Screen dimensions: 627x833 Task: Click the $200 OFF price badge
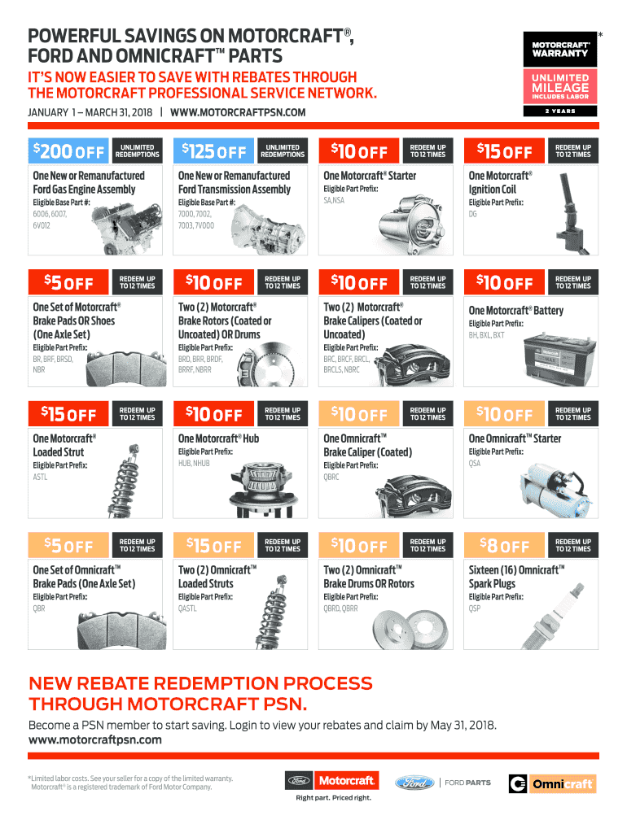pos(68,150)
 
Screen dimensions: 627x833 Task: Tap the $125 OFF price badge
pos(214,150)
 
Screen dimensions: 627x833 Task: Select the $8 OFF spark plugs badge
pos(504,545)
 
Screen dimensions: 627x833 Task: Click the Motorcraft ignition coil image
pos(569,214)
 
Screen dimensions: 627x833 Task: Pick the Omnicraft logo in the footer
pos(553,783)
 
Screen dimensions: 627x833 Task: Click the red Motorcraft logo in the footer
pos(346,781)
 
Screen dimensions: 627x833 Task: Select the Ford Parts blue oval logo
pos(414,783)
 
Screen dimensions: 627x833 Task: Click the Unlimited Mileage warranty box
pos(560,86)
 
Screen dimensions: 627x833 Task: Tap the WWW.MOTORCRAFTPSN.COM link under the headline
pos(238,112)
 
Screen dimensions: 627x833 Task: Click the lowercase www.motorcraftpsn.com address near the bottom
pos(95,740)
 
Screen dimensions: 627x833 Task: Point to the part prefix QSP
pos(475,608)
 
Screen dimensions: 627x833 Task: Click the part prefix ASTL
pos(41,477)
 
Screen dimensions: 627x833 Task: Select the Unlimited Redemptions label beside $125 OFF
pos(283,150)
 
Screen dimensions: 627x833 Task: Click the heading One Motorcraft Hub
pos(218,438)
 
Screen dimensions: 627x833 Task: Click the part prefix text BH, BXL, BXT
pos(487,335)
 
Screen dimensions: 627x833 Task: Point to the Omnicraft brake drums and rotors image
pos(410,629)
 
